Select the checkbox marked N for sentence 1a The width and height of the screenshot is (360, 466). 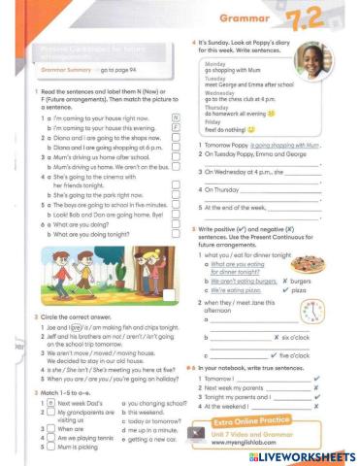pyautogui.click(x=176, y=117)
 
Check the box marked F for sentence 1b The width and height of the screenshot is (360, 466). pyautogui.click(x=176, y=127)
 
